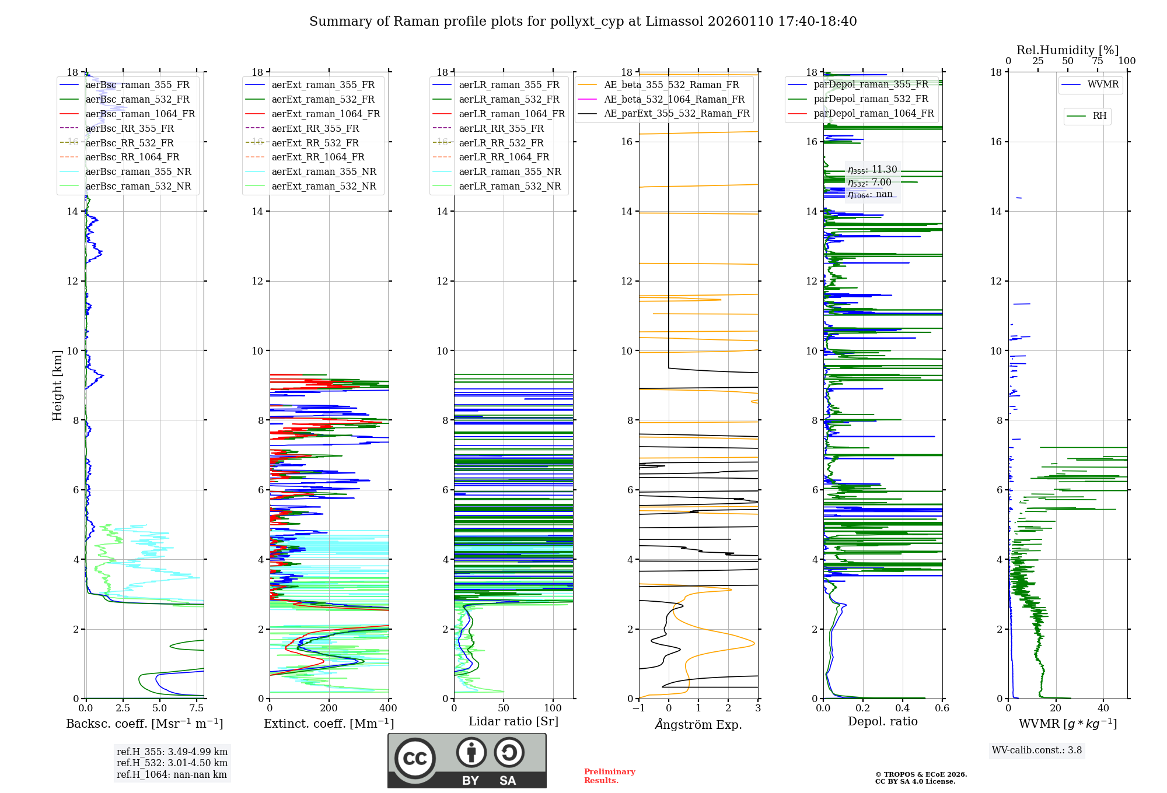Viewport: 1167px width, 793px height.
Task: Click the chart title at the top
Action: (583, 22)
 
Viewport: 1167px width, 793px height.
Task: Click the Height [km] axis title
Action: (57, 385)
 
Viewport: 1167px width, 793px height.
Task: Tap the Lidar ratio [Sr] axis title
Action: (513, 722)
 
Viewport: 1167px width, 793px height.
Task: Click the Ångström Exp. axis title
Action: (698, 725)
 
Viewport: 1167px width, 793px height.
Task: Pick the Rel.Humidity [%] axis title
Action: (1067, 50)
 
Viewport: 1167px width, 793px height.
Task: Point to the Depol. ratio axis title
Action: (882, 722)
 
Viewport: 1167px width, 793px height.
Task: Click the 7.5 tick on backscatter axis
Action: (197, 708)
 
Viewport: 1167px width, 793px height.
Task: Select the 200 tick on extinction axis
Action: (329, 708)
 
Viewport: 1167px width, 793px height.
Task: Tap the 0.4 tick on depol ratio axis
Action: (902, 708)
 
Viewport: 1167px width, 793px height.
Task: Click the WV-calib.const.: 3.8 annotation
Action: (1037, 750)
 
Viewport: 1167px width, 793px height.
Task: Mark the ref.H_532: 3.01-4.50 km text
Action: (172, 763)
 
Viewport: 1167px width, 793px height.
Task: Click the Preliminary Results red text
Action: (609, 776)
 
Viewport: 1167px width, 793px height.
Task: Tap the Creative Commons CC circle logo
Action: (415, 759)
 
